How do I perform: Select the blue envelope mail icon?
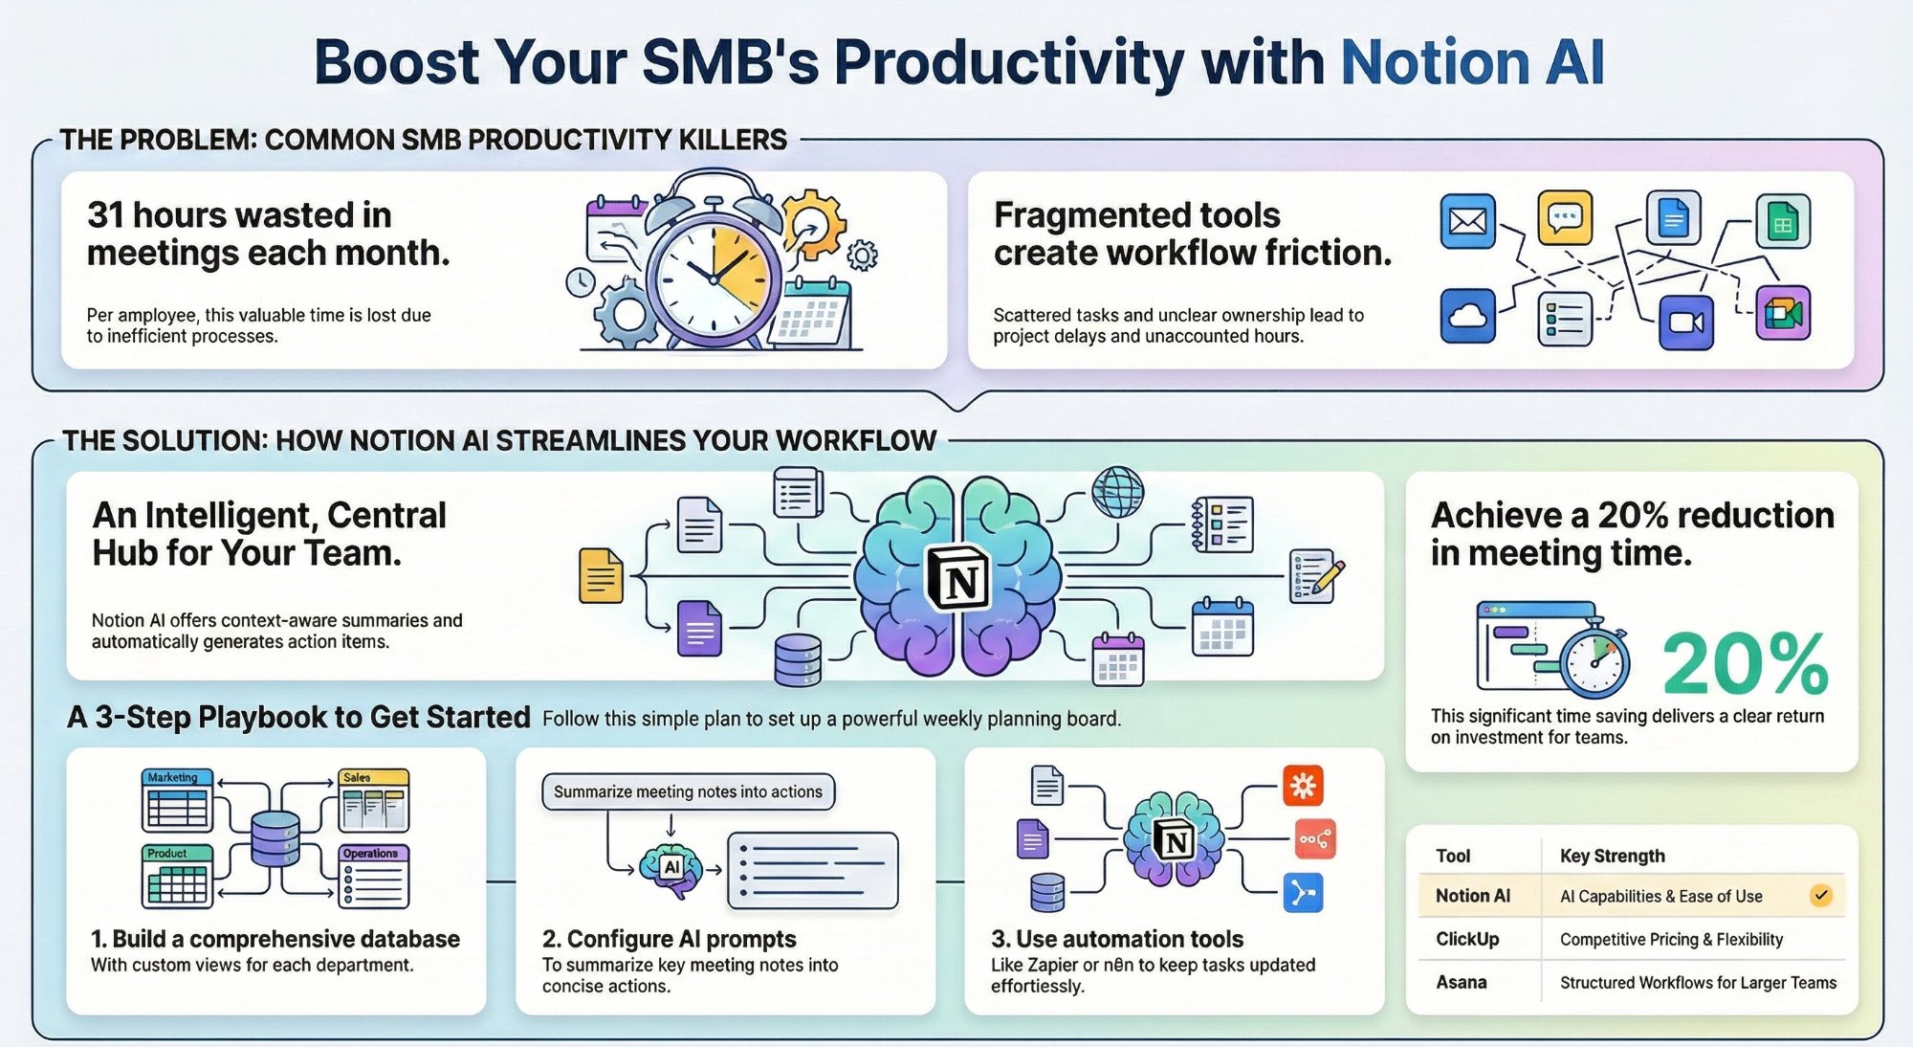[x=1467, y=221]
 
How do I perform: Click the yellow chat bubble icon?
[x=1565, y=217]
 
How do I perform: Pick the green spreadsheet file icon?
[x=1782, y=221]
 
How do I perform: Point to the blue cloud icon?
[x=1467, y=315]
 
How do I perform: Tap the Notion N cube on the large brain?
[x=958, y=578]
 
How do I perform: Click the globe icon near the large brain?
[x=1117, y=492]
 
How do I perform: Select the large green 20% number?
[x=1745, y=664]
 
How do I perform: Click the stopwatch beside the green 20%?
[x=1594, y=661]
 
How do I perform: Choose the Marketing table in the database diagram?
[x=178, y=799]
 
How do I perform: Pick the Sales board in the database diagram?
[x=374, y=800]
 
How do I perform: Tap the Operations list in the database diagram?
[x=374, y=876]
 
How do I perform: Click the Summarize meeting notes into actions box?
[x=688, y=791]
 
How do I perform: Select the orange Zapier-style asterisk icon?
[x=1303, y=786]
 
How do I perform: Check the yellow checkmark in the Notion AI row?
[x=1820, y=896]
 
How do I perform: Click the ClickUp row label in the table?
[x=1467, y=939]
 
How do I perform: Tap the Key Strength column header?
[x=1612, y=856]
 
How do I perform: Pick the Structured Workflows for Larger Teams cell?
[x=1698, y=982]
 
